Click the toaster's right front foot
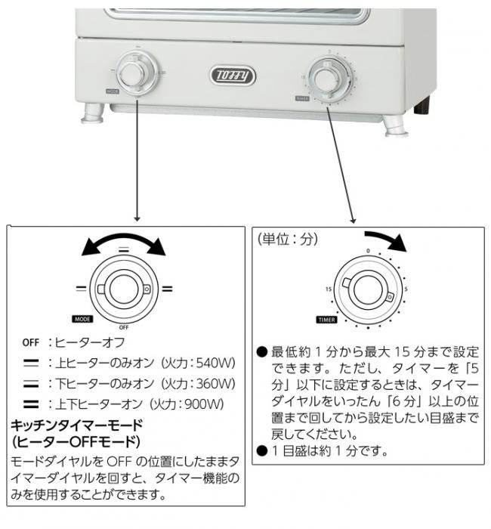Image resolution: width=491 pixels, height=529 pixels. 395,124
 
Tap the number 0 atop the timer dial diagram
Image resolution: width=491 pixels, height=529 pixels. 368,250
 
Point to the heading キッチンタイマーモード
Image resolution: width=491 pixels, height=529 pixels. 77,425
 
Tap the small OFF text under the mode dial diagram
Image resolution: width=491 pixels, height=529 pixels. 124,327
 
